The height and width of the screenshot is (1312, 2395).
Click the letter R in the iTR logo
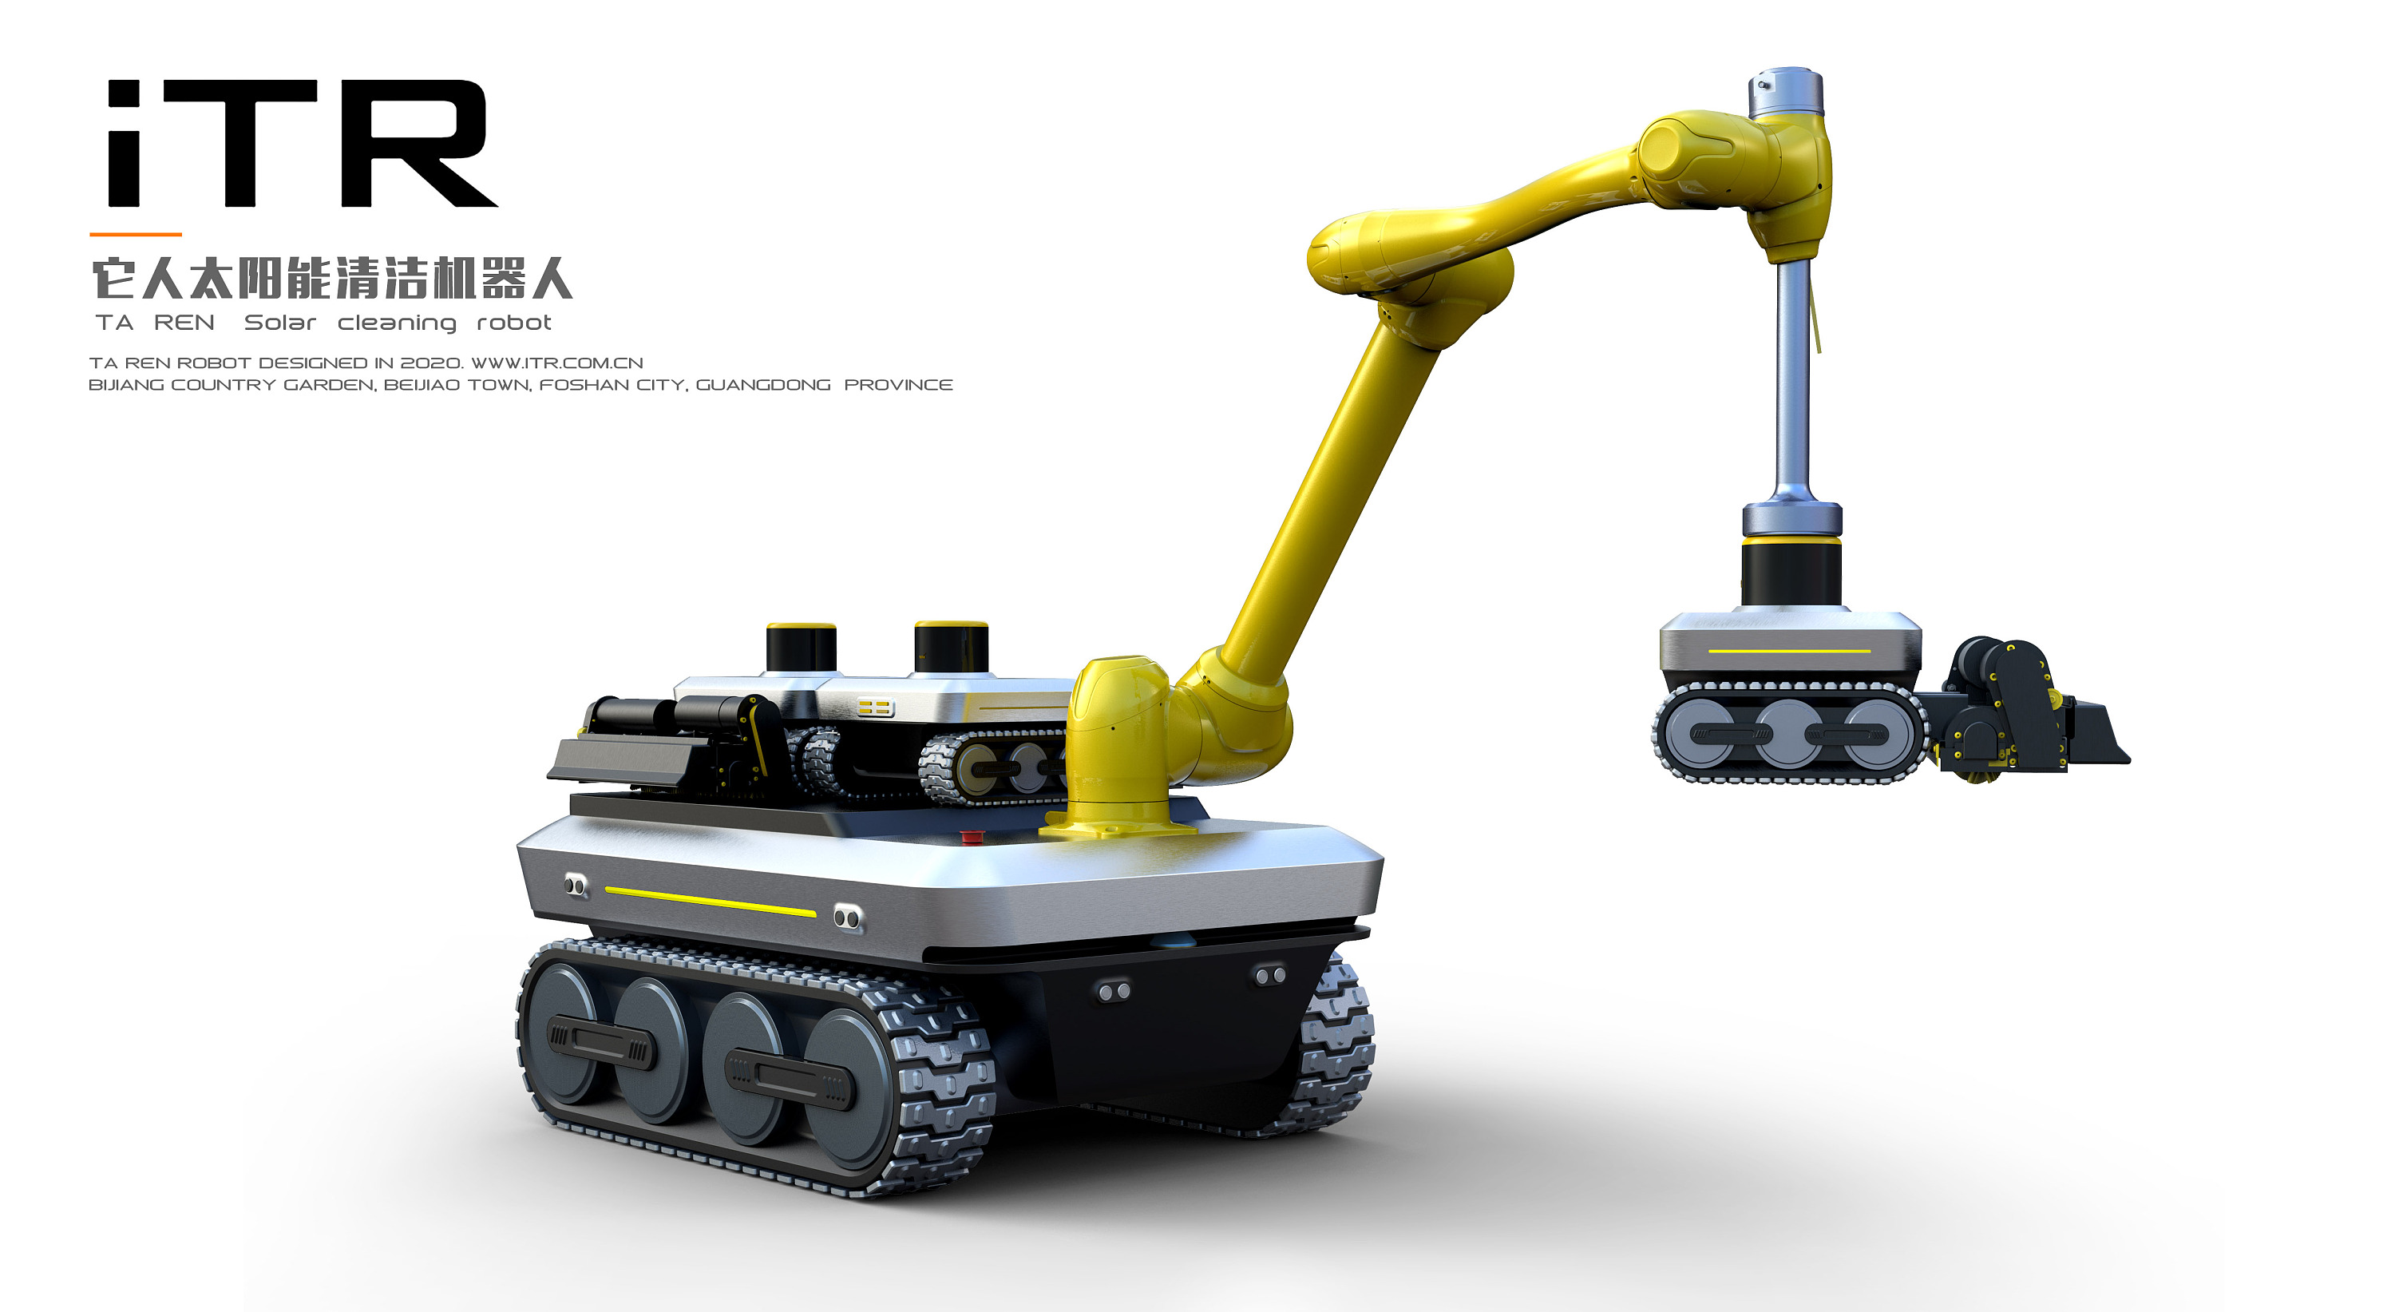tap(418, 143)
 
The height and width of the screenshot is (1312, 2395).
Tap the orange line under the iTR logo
tap(136, 234)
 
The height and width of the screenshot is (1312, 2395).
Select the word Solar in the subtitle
tap(280, 323)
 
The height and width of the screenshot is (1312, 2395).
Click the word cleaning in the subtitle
tap(397, 323)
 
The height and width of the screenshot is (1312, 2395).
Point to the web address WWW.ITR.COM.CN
tap(557, 363)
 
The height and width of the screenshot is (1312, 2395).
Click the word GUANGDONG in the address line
tap(763, 385)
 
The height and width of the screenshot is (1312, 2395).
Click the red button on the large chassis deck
tap(971, 837)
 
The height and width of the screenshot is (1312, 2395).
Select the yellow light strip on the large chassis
tap(711, 902)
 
